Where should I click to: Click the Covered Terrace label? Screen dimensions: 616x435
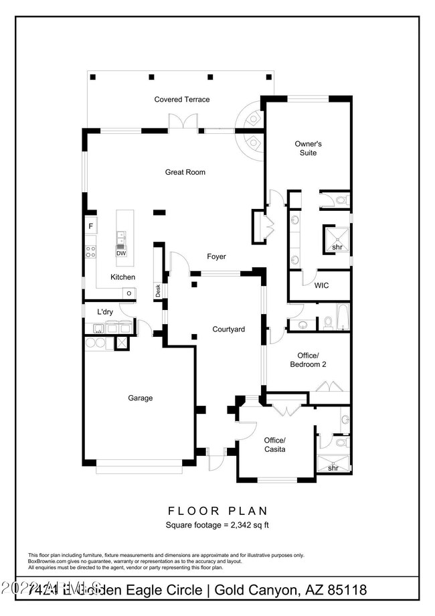[x=182, y=99]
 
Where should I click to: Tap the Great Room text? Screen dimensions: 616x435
[x=185, y=172]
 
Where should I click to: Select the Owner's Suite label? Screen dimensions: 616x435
[x=309, y=148]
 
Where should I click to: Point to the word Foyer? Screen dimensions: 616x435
[x=216, y=256]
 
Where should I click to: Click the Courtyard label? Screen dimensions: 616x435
[x=228, y=329]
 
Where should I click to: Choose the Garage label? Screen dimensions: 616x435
[x=141, y=398]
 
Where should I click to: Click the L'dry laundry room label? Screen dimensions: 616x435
[x=104, y=312]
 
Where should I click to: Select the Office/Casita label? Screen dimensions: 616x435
[x=274, y=445]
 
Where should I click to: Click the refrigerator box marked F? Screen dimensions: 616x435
[x=90, y=226]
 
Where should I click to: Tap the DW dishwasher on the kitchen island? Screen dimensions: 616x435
[x=121, y=253]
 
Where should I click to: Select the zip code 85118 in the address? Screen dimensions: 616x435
[x=343, y=590]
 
